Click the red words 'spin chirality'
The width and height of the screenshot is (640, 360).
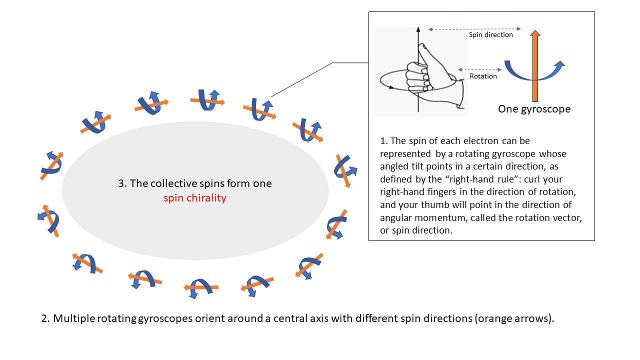195,198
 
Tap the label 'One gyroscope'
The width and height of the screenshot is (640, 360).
534,109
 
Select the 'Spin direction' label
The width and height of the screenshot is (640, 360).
490,35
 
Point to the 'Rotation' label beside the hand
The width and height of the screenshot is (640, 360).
483,76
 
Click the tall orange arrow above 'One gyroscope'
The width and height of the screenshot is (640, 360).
534,65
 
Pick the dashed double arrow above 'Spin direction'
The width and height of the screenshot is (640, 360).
474,29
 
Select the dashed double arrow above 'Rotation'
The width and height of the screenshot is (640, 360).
479,69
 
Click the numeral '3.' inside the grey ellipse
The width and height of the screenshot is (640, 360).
122,183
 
